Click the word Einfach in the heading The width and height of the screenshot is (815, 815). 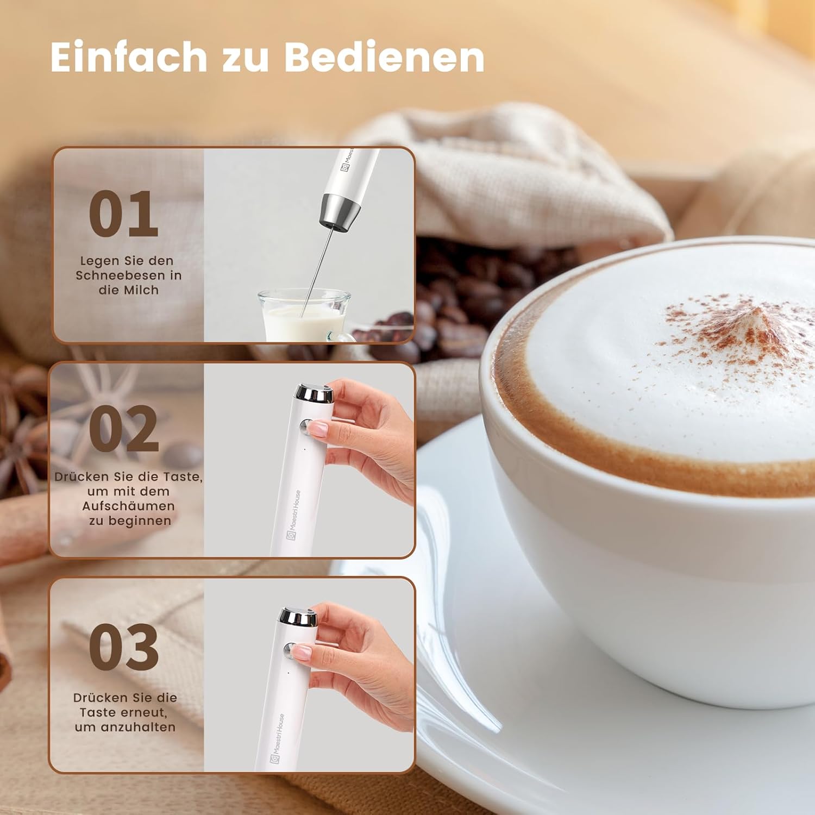[x=128, y=57]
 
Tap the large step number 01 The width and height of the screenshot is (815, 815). [x=123, y=214]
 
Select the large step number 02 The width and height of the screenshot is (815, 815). [x=124, y=429]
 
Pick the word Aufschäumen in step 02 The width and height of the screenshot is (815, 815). [x=129, y=506]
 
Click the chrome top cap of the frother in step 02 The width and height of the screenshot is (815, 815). [x=314, y=393]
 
